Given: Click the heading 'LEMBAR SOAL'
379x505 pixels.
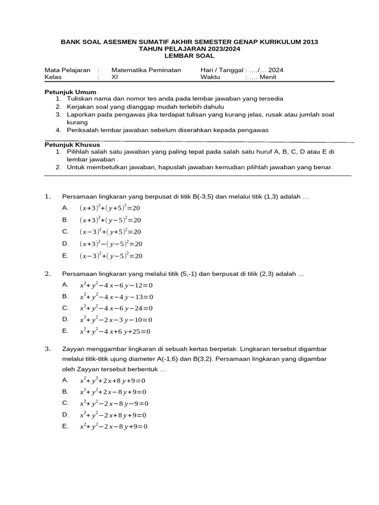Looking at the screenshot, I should (189, 56).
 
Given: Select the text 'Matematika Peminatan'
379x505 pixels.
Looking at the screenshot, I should (147, 70).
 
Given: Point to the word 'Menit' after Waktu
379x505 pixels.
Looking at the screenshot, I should (266, 77).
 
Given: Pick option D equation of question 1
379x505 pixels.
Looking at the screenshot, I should (111, 244).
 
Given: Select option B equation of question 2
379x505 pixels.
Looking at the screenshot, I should (116, 297).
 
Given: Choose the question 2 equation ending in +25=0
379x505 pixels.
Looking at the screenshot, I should (115, 331).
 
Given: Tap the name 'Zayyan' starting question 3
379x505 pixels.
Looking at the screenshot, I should (73, 350).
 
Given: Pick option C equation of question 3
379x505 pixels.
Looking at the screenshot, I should (114, 403).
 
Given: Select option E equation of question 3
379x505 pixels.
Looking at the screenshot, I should (114, 427).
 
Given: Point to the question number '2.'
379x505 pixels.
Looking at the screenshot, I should (48, 274).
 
